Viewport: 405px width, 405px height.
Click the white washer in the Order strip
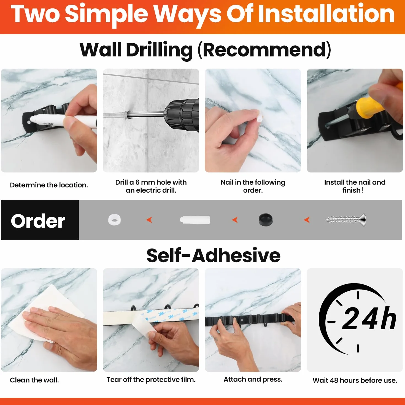(114, 220)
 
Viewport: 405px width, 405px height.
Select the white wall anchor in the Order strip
(195, 220)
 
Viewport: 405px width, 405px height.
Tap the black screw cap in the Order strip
(266, 220)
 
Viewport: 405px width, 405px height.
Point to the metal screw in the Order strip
(345, 220)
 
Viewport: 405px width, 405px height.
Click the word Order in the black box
(38, 221)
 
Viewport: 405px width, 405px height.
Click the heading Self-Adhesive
(213, 256)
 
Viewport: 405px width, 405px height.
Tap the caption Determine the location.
(49, 185)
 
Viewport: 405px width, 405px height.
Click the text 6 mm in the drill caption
(145, 182)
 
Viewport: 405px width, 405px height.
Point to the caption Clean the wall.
(34, 380)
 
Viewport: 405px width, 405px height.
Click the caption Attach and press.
(253, 379)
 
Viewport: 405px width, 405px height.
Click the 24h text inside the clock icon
(369, 319)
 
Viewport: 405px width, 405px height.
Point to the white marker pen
(63, 121)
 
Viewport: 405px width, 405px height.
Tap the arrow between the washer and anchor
(149, 220)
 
